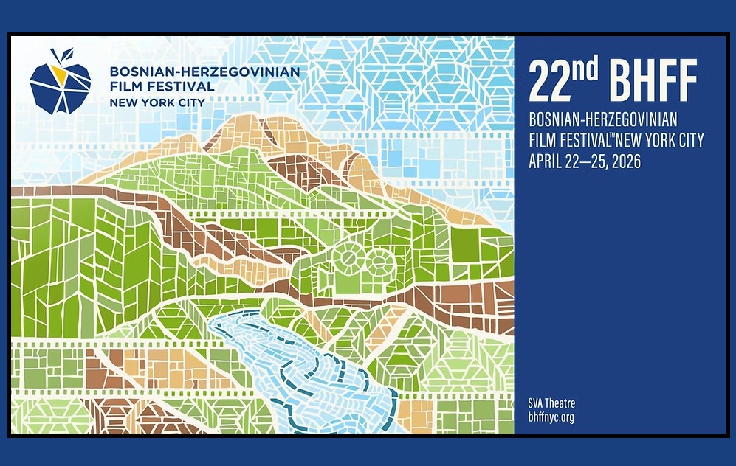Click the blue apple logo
60,85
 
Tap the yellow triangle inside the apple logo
58,72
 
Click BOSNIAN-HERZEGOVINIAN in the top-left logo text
204,72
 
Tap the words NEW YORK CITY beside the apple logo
157,102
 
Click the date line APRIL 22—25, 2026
585,162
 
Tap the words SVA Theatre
551,403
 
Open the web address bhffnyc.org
551,417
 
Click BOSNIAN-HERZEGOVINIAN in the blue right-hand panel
603,119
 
